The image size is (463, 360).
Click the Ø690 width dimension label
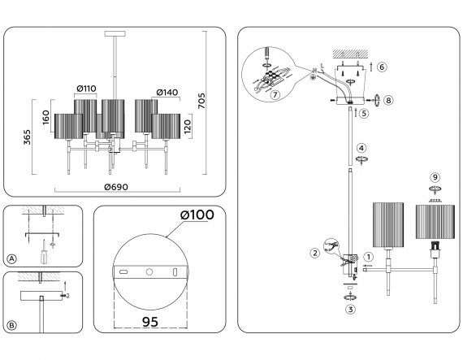point(116,187)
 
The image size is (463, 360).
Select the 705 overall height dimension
point(201,101)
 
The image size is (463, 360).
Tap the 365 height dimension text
point(27,137)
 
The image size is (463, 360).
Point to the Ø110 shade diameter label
point(86,89)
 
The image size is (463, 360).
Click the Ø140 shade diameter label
point(167,93)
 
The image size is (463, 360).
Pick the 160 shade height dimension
point(45,117)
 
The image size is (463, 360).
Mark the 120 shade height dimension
point(188,127)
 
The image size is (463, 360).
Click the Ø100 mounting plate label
point(197,215)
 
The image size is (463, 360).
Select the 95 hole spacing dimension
point(150,322)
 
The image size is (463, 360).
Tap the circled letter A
point(12,259)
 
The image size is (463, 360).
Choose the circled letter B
point(12,325)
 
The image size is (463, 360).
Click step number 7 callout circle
point(275,95)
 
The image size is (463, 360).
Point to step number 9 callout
point(435,177)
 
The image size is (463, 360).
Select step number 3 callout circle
point(350,310)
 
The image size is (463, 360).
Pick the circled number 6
point(382,67)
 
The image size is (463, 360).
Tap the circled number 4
point(361,148)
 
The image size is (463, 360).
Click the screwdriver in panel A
point(44,252)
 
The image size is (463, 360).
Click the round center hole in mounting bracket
point(149,271)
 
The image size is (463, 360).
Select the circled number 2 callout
point(315,253)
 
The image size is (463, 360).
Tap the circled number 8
point(388,101)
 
